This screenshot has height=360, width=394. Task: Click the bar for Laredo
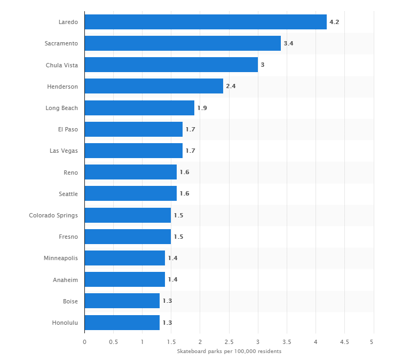pyautogui.click(x=206, y=22)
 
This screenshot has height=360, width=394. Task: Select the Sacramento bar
pyautogui.click(x=183, y=43)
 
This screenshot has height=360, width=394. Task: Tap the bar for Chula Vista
pyautogui.click(x=171, y=65)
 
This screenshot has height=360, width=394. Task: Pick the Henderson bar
pyautogui.click(x=154, y=86)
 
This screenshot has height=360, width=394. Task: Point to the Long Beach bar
pyautogui.click(x=139, y=108)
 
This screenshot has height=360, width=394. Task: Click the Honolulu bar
pyautogui.click(x=122, y=323)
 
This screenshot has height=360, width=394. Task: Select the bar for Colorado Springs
pyautogui.click(x=128, y=215)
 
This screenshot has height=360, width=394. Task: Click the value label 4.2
pyautogui.click(x=334, y=22)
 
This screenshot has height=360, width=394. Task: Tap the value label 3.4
pyautogui.click(x=288, y=43)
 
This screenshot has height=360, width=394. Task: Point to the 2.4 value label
pyautogui.click(x=231, y=86)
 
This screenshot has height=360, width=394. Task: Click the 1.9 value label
pyautogui.click(x=202, y=108)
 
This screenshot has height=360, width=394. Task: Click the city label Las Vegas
pyautogui.click(x=64, y=151)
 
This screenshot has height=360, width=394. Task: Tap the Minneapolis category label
pyautogui.click(x=61, y=258)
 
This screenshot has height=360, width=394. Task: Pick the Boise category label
pyautogui.click(x=69, y=301)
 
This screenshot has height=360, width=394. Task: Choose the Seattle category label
pyautogui.click(x=68, y=194)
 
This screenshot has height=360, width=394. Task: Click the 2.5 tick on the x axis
pyautogui.click(x=228, y=342)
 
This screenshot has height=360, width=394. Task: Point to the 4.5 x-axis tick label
pyautogui.click(x=344, y=342)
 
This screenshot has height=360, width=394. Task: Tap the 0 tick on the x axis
pyautogui.click(x=84, y=342)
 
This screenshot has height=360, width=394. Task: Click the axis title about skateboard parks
pyautogui.click(x=229, y=351)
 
